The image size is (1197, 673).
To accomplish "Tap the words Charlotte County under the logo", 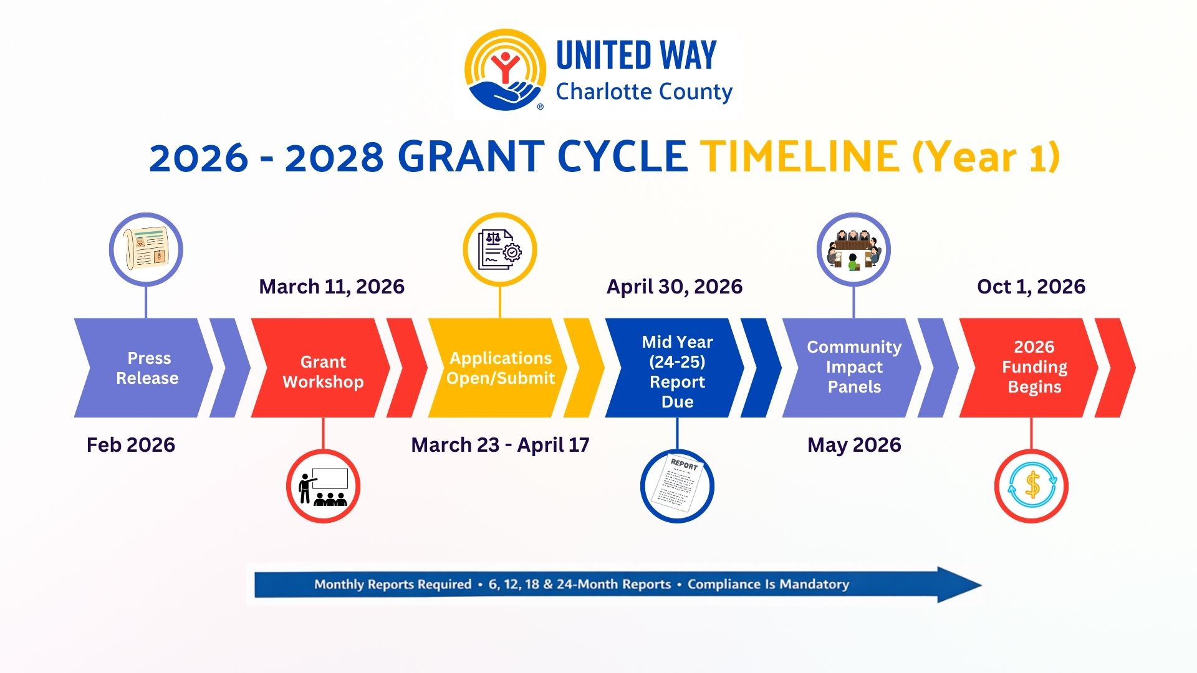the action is [644, 92].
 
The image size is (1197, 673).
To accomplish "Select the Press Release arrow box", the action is [143, 368].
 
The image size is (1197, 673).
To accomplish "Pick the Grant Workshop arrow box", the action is [320, 368].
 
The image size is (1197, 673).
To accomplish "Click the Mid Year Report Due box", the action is [675, 368].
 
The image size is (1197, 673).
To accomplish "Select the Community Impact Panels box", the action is [852, 368].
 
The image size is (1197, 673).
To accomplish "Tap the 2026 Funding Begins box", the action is [1029, 368].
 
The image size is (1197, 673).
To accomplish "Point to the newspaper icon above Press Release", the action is [146, 249].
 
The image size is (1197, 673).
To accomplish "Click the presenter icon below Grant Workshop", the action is [323, 486].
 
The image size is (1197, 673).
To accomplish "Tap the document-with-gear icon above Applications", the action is [500, 249].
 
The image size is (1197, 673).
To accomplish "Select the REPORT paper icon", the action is [677, 486].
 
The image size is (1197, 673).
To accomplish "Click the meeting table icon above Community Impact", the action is [853, 249].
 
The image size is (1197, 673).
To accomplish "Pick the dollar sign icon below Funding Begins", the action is [1031, 486].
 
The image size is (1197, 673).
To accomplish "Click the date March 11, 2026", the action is [332, 287].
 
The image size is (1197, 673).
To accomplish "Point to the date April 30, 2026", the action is [675, 287].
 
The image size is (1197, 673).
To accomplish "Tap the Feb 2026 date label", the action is [131, 445].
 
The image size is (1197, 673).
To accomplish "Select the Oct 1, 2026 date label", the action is [1031, 287].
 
